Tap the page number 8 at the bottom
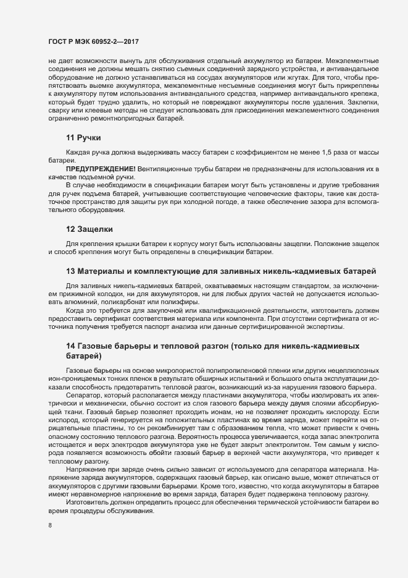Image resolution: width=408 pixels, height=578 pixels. [x=49, y=527]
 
